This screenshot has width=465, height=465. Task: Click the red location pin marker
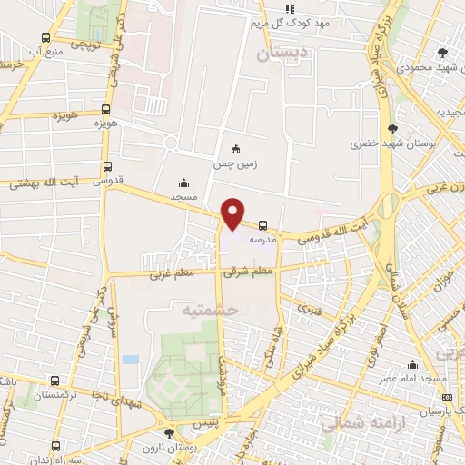pos(233,213)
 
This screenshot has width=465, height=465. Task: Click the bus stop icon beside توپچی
pos(46,37)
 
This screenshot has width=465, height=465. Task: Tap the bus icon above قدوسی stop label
pos(108,166)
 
